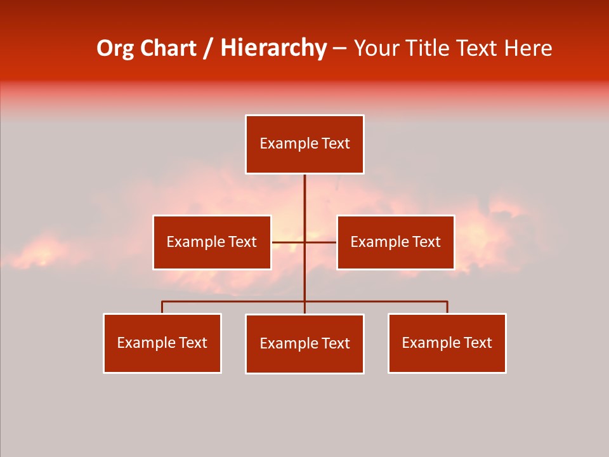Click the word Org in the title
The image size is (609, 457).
(115, 48)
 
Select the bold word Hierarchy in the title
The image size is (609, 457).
(273, 48)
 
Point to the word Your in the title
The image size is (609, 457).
(376, 48)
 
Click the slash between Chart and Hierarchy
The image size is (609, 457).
(209, 49)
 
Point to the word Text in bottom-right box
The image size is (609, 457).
(478, 343)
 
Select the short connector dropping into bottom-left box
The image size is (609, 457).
(162, 307)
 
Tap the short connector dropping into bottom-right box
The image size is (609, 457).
(447, 307)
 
